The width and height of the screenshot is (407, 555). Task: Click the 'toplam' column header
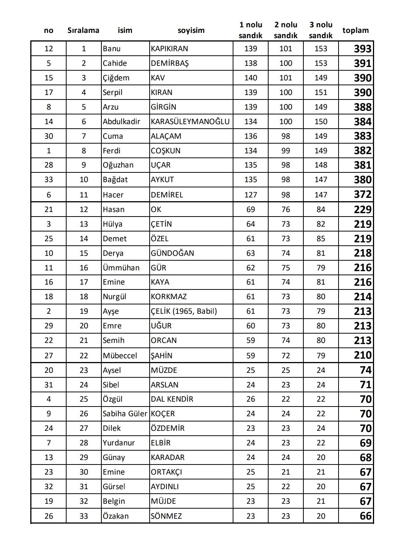355,30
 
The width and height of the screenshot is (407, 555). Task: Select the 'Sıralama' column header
83,30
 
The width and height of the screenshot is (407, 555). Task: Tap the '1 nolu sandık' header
251,30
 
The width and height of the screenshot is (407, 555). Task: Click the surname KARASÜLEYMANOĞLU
190,122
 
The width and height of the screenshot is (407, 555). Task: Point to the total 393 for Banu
362,49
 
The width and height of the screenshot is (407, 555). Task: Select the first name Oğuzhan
118,165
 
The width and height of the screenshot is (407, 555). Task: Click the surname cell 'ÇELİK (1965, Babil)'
184,311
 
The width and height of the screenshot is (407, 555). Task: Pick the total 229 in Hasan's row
362,209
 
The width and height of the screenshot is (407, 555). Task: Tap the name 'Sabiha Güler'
125,414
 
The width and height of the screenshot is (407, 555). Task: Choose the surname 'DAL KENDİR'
172,399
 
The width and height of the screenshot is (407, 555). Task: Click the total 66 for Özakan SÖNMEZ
365,516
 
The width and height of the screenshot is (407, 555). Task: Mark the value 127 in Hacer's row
251,195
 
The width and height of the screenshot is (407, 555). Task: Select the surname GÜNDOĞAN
172,253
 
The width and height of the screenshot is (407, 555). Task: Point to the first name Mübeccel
120,356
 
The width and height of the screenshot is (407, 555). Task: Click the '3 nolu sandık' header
321,30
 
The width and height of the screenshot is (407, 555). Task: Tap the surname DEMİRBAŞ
170,63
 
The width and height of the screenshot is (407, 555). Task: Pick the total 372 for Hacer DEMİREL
362,194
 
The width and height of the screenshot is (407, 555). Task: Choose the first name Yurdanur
119,443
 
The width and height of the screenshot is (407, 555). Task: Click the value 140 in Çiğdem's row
251,78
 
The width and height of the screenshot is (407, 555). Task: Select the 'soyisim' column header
191,30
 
